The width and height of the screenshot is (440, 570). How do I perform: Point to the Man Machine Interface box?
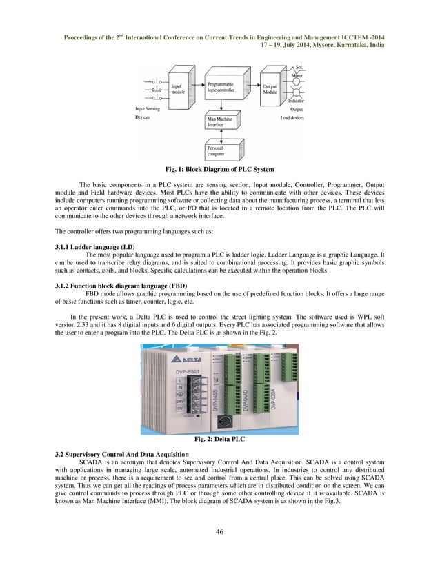[x=221, y=122]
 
